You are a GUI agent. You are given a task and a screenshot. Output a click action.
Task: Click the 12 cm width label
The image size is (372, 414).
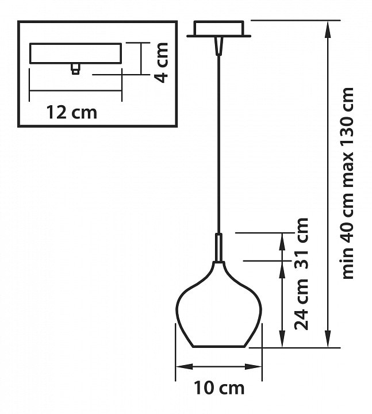pos(72,113)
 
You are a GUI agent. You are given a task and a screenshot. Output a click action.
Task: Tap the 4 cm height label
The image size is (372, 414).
pos(161,63)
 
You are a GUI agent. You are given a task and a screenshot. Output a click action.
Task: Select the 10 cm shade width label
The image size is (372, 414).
pos(219,388)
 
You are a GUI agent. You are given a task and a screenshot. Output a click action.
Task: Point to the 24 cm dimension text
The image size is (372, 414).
pos(301,305)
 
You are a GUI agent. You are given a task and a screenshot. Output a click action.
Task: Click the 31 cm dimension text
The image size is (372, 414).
pos(301,243)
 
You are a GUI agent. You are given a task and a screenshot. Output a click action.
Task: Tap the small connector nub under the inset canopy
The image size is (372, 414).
pos(76,69)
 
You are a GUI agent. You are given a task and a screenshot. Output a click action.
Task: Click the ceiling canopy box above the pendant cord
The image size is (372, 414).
pos(219,29)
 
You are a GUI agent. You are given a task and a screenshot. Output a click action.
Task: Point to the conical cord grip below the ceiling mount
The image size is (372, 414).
pos(219,46)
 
